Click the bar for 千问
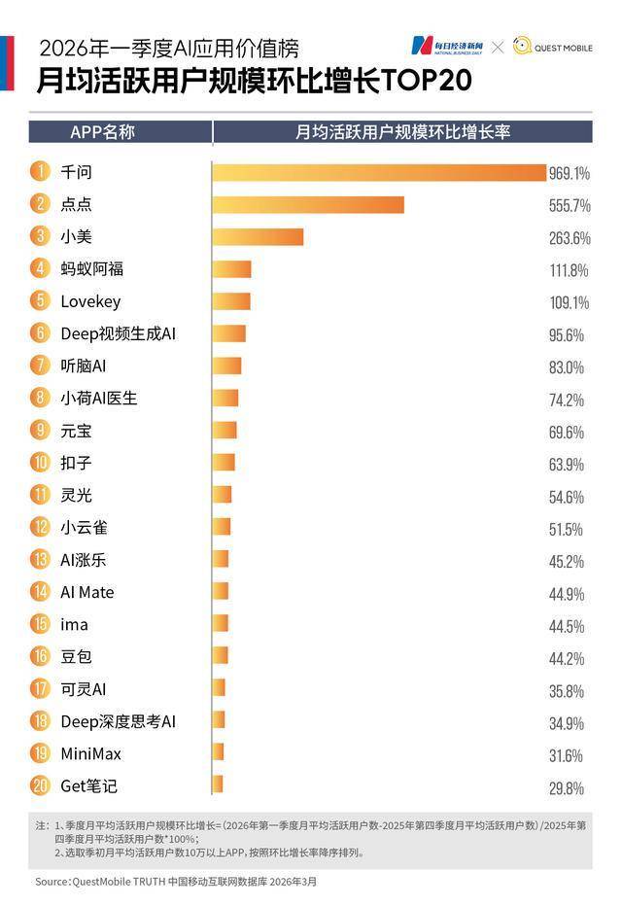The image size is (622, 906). tap(379, 173)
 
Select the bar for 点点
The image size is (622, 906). tap(307, 205)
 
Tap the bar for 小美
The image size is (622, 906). tap(258, 237)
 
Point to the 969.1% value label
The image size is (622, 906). tap(569, 174)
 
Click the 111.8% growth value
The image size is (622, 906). tap(569, 270)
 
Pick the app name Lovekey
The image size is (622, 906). tap(90, 301)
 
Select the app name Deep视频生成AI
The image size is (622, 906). tap(118, 333)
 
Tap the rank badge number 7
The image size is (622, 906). tap(40, 366)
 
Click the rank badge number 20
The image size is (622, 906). tap(40, 785)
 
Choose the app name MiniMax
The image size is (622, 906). tap(90, 753)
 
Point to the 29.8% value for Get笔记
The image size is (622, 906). tap(567, 787)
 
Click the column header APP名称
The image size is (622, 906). tap(102, 132)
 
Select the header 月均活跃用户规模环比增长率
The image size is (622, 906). tap(402, 132)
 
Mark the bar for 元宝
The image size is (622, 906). tap(225, 431)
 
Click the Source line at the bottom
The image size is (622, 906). tap(175, 882)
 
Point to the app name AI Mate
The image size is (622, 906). tap(87, 592)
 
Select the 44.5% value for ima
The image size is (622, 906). tap(567, 626)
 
